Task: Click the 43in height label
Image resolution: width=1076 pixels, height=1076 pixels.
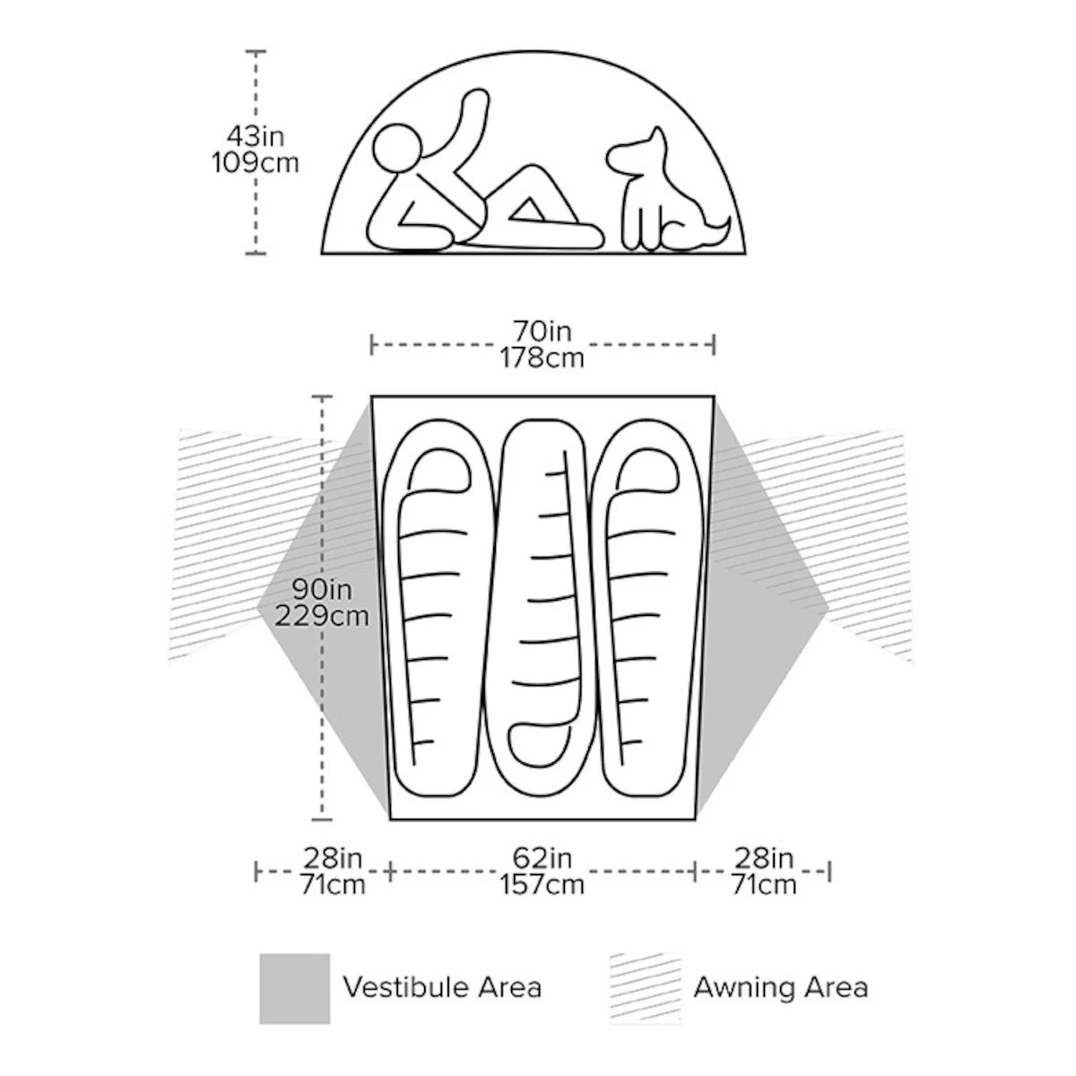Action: click(x=256, y=136)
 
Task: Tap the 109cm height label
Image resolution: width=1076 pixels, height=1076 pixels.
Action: click(x=256, y=163)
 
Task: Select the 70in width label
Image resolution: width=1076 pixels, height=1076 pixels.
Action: click(x=542, y=331)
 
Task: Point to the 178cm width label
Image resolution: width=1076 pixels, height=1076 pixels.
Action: click(x=542, y=358)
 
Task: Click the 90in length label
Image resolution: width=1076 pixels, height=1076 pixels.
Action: click(x=322, y=589)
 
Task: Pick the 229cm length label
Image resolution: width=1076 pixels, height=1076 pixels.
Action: click(x=322, y=616)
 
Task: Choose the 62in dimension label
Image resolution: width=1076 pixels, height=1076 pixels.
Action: click(x=542, y=858)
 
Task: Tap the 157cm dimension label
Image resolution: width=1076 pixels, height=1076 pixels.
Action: click(x=542, y=884)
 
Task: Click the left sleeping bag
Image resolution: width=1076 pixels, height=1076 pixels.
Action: click(x=438, y=608)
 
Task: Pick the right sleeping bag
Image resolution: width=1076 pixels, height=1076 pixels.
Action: click(x=646, y=608)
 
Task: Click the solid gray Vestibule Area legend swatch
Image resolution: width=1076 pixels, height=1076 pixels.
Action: click(x=294, y=988)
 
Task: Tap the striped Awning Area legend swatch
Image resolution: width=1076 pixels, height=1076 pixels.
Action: click(x=646, y=988)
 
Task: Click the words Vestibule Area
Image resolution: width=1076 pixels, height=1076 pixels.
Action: click(x=442, y=987)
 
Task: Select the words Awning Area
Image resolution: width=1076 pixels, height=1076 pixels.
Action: click(x=781, y=987)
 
